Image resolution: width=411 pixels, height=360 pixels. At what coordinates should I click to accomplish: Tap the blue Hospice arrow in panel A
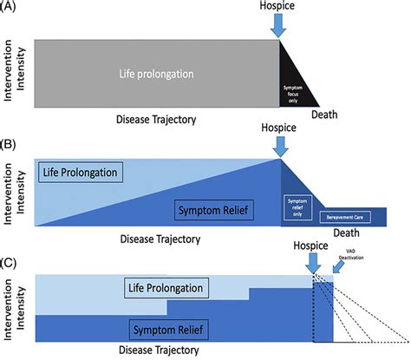(278, 26)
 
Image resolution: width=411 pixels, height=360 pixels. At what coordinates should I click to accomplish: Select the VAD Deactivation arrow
(337, 269)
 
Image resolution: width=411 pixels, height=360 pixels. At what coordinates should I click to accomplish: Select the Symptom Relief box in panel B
(214, 209)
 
